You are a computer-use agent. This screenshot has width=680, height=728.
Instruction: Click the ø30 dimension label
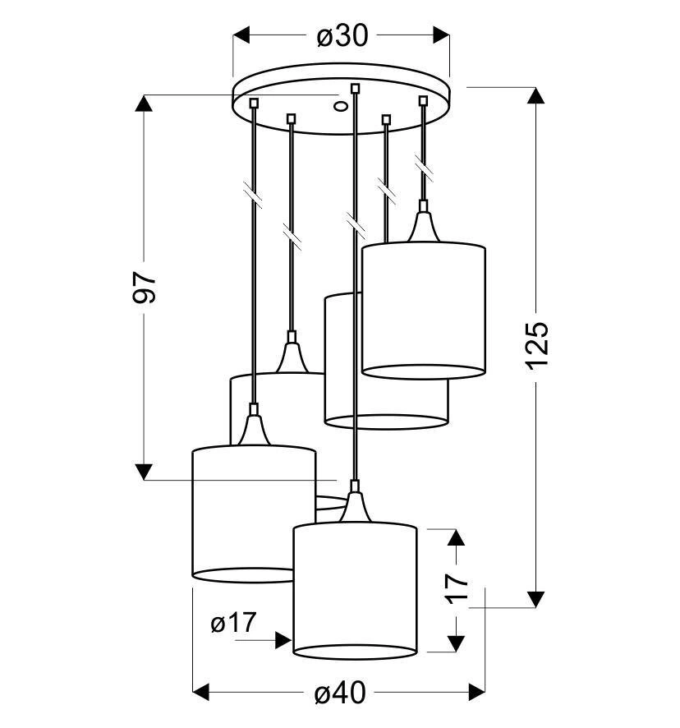click(x=342, y=35)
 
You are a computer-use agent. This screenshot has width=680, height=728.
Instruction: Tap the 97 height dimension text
click(x=145, y=288)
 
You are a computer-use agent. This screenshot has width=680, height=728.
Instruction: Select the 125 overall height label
click(x=537, y=345)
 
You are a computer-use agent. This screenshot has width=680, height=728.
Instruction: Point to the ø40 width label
click(x=340, y=693)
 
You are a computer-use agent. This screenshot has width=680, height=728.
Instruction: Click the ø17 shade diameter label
click(x=233, y=622)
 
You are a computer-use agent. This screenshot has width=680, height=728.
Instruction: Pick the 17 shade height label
click(x=457, y=588)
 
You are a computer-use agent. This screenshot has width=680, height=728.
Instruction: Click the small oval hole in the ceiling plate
click(x=341, y=106)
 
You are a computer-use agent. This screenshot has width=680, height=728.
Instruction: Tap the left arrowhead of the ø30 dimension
click(x=241, y=35)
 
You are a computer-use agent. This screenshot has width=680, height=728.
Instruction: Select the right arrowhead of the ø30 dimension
click(x=441, y=35)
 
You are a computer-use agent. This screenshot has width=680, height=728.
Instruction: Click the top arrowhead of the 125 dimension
click(x=536, y=95)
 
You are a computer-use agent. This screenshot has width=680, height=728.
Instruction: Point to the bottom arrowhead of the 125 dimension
click(x=536, y=599)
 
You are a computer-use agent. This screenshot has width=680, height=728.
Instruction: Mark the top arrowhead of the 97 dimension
click(x=144, y=103)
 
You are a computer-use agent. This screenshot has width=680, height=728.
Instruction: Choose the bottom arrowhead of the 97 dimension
click(x=144, y=472)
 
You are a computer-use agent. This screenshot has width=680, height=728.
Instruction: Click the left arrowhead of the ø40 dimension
click(x=201, y=692)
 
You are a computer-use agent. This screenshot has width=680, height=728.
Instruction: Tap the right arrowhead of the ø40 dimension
click(x=476, y=692)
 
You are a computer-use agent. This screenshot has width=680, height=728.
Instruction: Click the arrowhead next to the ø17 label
click(x=283, y=640)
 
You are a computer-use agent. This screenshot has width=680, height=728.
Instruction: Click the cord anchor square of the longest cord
click(x=355, y=88)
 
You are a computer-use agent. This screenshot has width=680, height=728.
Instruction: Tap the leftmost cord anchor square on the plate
click(x=254, y=102)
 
